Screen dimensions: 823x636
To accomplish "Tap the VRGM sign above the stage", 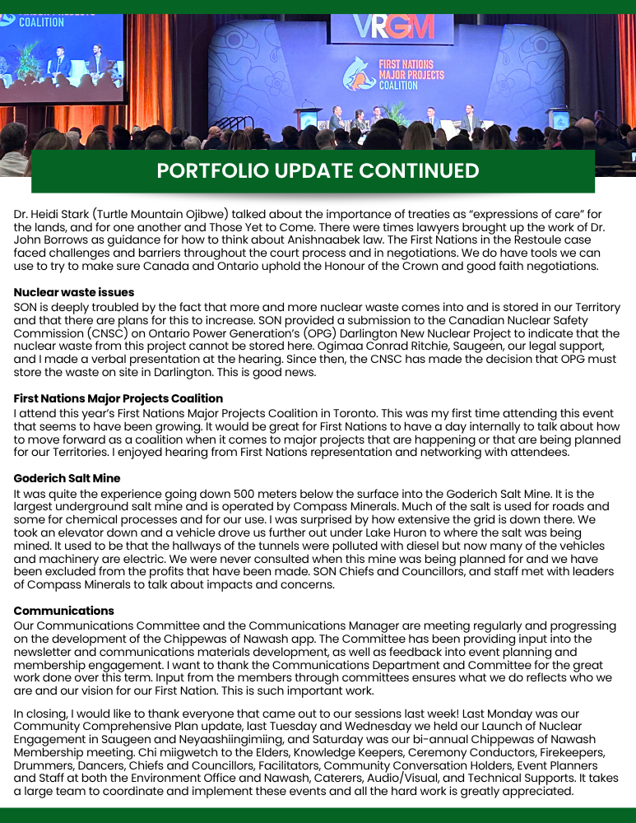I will coord(392,27).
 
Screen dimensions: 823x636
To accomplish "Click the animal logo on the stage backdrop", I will coord(360,72).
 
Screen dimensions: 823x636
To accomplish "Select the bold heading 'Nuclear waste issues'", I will coord(74,292).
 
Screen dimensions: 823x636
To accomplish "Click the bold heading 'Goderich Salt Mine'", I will coord(67,478).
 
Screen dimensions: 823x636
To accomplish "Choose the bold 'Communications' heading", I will coord(63,611).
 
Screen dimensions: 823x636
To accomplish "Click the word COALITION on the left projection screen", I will coord(41,22).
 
